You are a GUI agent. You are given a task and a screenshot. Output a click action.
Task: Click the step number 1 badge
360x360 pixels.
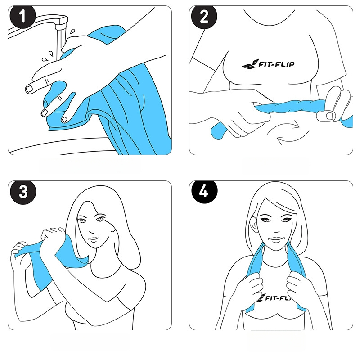click(x=22, y=17)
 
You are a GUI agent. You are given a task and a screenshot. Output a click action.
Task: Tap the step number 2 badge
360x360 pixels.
click(x=204, y=17)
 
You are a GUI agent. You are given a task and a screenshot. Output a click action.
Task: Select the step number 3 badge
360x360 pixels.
click(x=23, y=192)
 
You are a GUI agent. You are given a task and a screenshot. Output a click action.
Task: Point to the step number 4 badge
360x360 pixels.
click(x=204, y=192)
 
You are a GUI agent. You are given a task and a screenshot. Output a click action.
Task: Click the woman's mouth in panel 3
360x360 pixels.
click(x=94, y=239)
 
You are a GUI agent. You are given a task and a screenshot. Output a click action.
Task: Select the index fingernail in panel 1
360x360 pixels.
click(x=29, y=89)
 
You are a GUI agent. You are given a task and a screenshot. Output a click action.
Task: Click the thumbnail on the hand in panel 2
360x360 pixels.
click(x=330, y=116)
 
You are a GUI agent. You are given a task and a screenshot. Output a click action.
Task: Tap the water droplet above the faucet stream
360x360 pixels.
click(x=72, y=31)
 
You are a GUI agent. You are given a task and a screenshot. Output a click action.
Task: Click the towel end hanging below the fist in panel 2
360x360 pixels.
click(x=219, y=131)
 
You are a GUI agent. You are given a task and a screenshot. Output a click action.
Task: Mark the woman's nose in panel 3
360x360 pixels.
click(x=91, y=230)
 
